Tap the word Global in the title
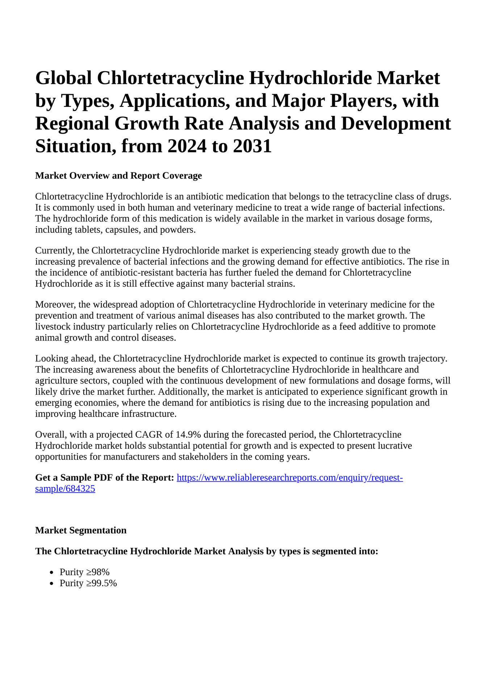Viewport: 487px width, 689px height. point(63,78)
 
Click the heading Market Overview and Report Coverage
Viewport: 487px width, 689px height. point(118,176)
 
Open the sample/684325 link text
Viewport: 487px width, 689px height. point(65,489)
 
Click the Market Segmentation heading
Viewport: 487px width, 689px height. point(81,530)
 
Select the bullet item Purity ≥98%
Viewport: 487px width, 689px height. point(85,572)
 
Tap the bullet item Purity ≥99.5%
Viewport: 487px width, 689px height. point(88,583)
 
